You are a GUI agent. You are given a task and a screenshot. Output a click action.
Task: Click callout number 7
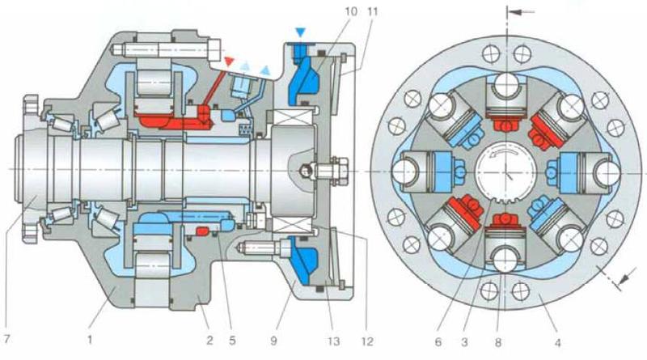click(x=6, y=340)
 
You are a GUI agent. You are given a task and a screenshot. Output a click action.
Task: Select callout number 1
click(x=90, y=340)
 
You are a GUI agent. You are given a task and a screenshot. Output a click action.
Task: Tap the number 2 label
click(x=209, y=341)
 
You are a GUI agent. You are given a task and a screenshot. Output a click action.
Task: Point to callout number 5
click(x=232, y=341)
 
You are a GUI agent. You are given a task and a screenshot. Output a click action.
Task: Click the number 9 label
click(x=273, y=341)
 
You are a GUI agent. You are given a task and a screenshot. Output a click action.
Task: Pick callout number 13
click(x=333, y=341)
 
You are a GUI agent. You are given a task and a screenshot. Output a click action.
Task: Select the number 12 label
click(x=367, y=341)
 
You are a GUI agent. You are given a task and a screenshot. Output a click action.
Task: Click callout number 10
click(x=351, y=11)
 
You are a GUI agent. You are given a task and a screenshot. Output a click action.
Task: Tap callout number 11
click(x=373, y=11)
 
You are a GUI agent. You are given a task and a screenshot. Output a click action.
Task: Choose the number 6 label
click(x=438, y=342)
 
